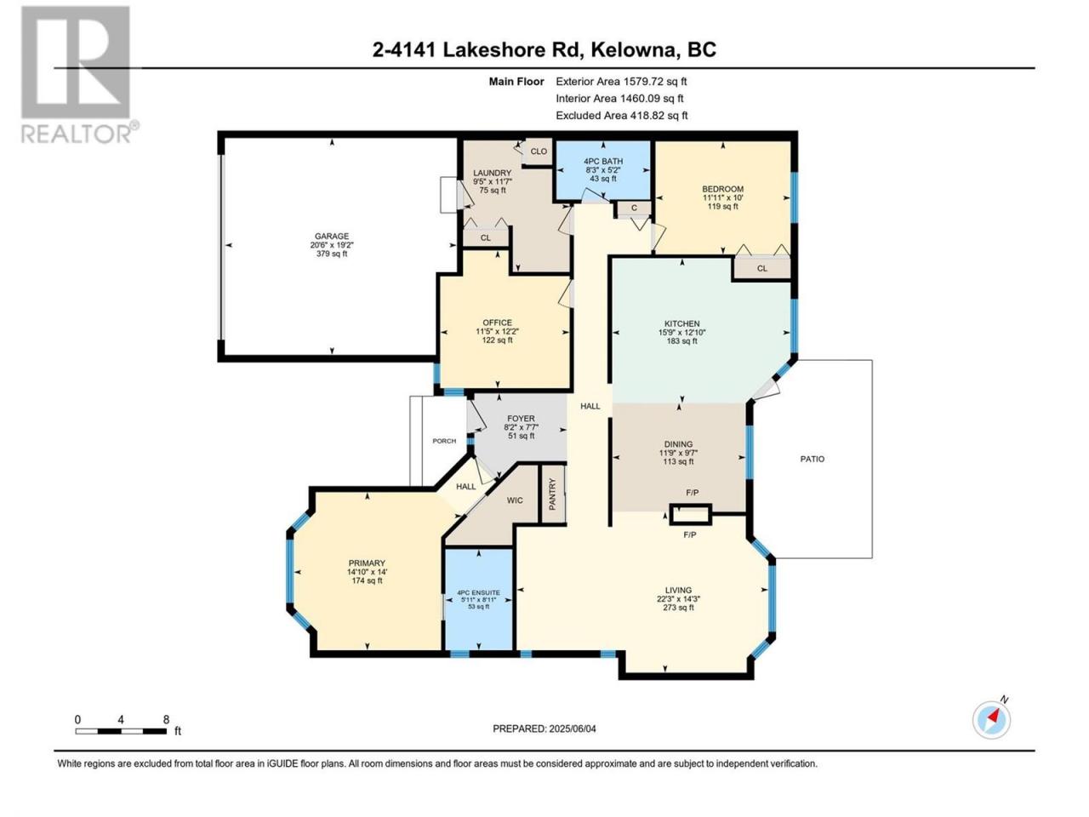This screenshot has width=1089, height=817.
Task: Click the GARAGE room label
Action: [x=332, y=236]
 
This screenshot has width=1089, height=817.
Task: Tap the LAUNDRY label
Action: [x=492, y=173]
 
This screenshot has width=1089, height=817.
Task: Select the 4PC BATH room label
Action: [x=603, y=161]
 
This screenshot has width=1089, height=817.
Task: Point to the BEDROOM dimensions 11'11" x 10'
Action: [x=722, y=197]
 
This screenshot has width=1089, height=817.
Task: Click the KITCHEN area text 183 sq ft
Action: [x=681, y=341]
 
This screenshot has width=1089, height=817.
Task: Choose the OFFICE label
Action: [x=497, y=323]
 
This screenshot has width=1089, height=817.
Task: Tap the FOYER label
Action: [x=521, y=419]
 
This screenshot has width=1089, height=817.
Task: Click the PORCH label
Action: [x=444, y=441]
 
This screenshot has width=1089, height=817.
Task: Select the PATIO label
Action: [x=812, y=460]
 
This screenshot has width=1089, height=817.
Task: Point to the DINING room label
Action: [x=678, y=444]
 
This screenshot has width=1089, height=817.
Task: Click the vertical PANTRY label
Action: [x=553, y=494]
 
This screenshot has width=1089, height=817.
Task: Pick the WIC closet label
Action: [x=515, y=500]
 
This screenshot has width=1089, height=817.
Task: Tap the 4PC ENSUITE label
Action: [x=478, y=593]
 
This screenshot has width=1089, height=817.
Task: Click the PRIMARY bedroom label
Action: [x=367, y=563]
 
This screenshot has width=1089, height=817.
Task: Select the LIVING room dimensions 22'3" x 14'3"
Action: [x=678, y=599]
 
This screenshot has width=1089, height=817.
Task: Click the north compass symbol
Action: [x=992, y=720]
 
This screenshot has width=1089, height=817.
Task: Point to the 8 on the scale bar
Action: [x=166, y=720]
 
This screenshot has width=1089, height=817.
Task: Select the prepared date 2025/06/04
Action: [x=572, y=728]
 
